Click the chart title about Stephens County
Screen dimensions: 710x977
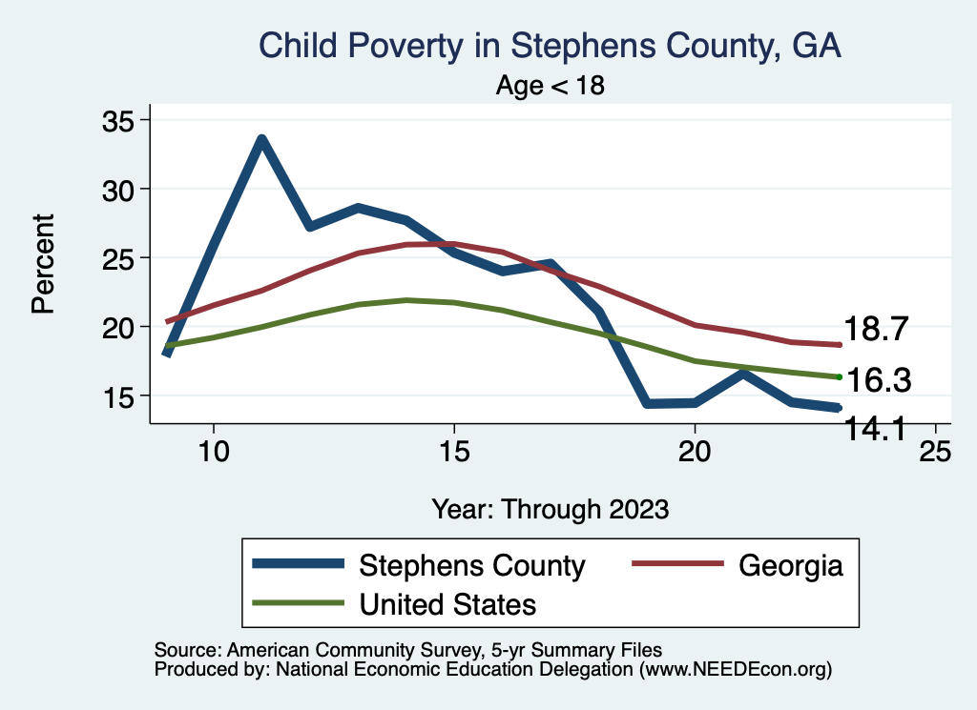coord(550,46)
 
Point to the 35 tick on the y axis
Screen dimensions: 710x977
coord(119,120)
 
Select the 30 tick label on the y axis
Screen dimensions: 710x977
coord(119,189)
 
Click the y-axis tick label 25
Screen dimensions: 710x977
coord(119,258)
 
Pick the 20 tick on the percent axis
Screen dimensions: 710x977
coord(119,327)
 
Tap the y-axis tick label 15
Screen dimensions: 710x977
coord(119,396)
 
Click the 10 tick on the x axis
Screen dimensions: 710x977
coord(213,451)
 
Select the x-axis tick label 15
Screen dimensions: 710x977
coord(453,451)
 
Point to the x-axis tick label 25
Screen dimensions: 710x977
coord(935,451)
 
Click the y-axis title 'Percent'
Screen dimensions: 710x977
coord(42,263)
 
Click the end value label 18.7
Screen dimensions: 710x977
coord(879,330)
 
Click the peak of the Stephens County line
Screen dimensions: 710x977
coord(260,139)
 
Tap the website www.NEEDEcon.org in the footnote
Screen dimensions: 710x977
coord(735,670)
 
